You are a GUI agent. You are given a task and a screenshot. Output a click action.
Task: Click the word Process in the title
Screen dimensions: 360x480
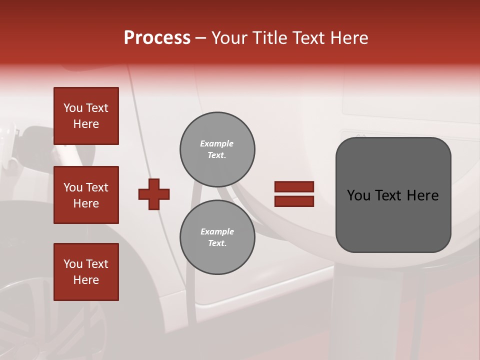pyautogui.click(x=157, y=38)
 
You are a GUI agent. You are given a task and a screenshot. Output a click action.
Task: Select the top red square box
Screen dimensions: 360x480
pyautogui.click(x=86, y=116)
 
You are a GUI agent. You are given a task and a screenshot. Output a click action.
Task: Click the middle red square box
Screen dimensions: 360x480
pyautogui.click(x=86, y=195)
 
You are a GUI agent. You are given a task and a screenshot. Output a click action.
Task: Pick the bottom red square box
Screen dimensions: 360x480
pyautogui.click(x=86, y=271)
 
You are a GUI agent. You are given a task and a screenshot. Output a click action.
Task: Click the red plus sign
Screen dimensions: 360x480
pyautogui.click(x=154, y=194)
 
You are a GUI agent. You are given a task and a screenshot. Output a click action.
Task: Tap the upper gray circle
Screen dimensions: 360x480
pyautogui.click(x=217, y=149)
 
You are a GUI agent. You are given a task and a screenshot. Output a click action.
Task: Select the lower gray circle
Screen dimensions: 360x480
pyautogui.click(x=217, y=237)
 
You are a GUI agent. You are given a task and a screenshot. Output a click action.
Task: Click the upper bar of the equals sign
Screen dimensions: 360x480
pyautogui.click(x=294, y=187)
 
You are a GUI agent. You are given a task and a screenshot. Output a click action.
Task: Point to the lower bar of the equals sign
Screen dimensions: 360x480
pyautogui.click(x=294, y=201)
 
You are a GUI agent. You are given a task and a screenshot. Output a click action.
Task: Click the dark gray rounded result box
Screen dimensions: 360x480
pyautogui.click(x=393, y=195)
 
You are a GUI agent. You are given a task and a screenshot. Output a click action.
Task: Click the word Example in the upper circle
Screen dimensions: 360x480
pyautogui.click(x=216, y=143)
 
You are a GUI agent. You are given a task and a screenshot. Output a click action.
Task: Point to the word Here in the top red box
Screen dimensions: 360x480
pyautogui.click(x=86, y=124)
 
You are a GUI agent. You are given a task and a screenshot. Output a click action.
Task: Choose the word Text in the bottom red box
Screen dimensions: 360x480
pyautogui.click(x=97, y=264)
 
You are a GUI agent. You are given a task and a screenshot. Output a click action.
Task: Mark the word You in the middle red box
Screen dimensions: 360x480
pyautogui.click(x=73, y=187)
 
